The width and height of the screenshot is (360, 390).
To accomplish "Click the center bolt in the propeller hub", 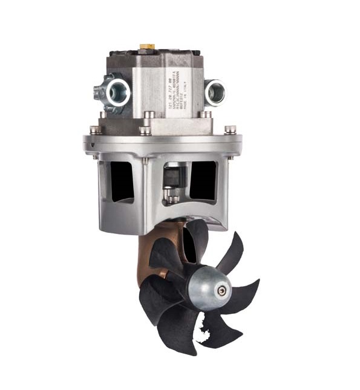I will pyautogui.click(x=223, y=292).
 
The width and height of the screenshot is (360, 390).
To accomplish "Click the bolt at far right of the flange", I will pyautogui.click(x=230, y=129).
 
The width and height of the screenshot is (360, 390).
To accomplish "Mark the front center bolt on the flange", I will pyautogui.click(x=146, y=130).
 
